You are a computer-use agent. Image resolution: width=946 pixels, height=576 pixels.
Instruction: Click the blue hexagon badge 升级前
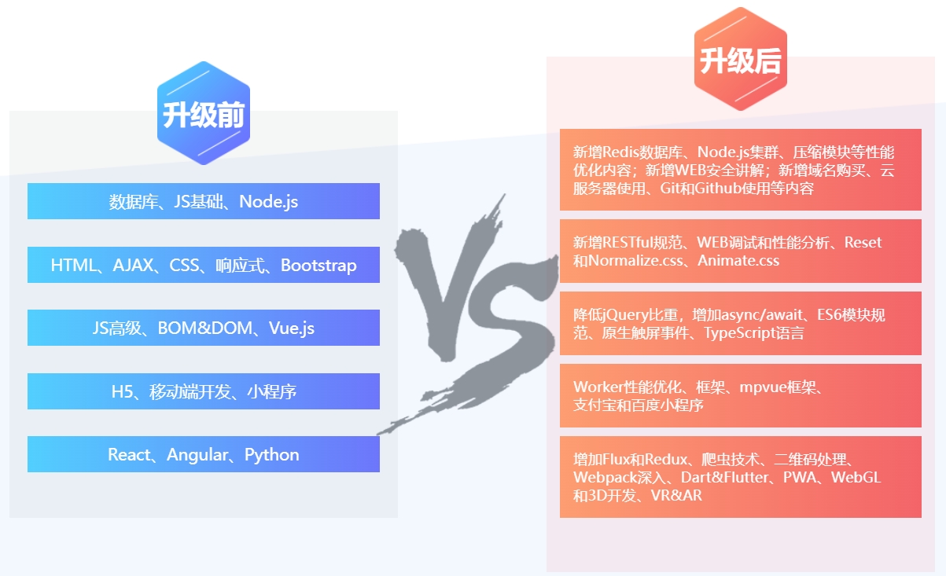[x=204, y=113]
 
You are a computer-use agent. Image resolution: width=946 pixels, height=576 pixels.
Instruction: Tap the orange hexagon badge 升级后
[x=740, y=59]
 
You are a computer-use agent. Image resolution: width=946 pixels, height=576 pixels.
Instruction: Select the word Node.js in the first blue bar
[x=269, y=202]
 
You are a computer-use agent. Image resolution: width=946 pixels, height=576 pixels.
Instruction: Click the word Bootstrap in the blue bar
[x=318, y=266]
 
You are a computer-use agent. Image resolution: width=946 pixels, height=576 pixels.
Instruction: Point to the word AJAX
[x=133, y=266]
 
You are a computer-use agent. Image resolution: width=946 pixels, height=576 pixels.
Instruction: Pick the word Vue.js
[x=292, y=328]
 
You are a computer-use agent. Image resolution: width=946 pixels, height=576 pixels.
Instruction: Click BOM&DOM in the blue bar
[x=204, y=328]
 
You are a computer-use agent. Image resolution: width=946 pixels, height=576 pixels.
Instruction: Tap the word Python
[x=271, y=455]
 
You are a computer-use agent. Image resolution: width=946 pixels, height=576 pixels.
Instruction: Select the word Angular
[x=197, y=455]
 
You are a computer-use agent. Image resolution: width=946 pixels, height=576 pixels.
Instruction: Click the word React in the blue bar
[x=129, y=455]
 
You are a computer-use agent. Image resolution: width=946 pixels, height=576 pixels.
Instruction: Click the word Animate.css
[x=738, y=260]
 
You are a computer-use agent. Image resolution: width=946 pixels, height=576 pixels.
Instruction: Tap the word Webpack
[x=605, y=478]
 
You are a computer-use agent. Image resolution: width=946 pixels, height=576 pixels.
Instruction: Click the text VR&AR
[x=676, y=495]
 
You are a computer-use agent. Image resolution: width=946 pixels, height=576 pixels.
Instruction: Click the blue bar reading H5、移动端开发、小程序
[x=204, y=391]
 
